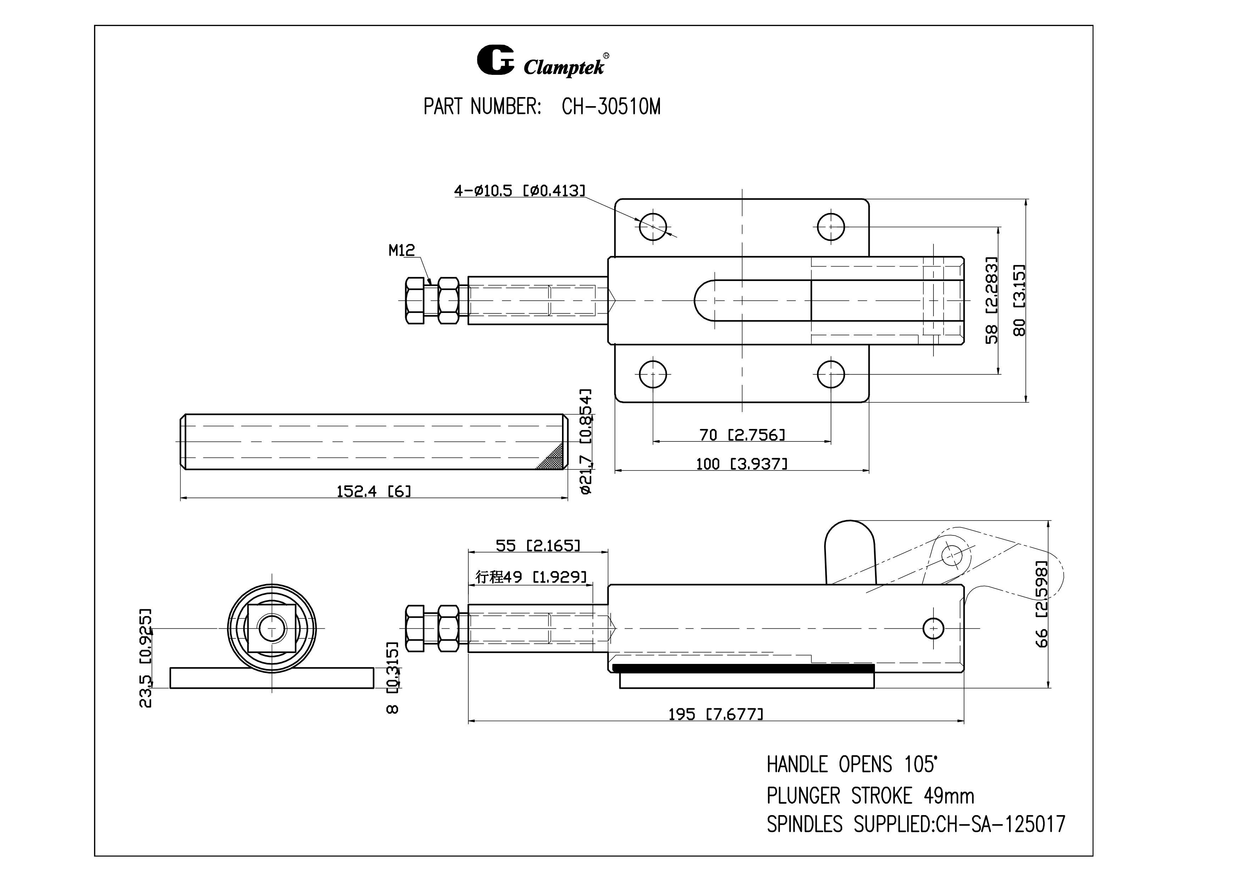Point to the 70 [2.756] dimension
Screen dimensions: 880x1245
point(742,435)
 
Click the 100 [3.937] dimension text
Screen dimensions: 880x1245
point(742,464)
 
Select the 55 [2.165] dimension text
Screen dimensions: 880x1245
point(538,545)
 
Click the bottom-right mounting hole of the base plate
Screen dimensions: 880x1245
point(831,374)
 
